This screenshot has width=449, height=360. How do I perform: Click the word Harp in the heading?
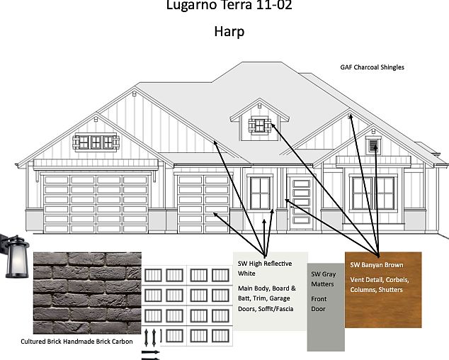(x=229, y=32)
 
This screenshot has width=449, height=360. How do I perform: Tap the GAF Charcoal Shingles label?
(x=373, y=67)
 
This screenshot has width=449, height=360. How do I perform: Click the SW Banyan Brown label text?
(x=376, y=265)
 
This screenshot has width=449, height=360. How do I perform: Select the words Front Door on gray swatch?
(x=318, y=303)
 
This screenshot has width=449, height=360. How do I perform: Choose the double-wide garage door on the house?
(x=96, y=204)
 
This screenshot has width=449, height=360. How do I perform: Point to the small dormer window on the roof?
(x=260, y=125)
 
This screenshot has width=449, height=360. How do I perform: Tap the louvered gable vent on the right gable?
(x=372, y=146)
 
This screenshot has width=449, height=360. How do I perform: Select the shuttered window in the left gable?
(x=94, y=142)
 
